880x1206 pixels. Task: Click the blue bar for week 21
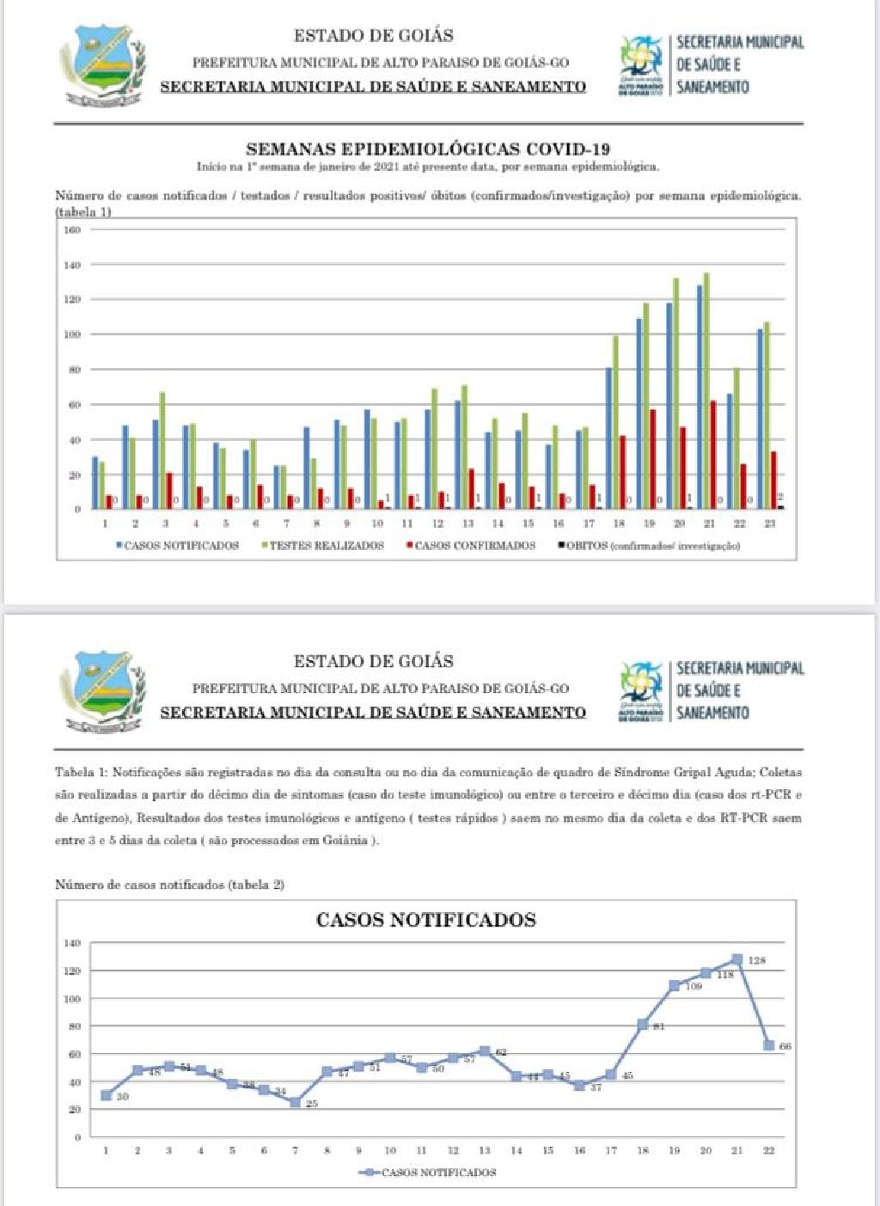700,396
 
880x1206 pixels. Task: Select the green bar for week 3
162,450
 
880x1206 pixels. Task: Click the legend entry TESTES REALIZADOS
325,546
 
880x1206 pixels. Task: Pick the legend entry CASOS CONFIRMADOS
473,546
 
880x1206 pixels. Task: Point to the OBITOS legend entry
650,546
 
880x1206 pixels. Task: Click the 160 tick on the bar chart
71,230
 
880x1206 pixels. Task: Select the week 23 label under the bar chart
769,523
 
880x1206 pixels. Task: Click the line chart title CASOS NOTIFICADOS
426,920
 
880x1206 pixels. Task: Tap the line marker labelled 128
736,959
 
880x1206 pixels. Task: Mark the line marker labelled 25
295,1102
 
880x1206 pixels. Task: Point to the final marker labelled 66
768,1045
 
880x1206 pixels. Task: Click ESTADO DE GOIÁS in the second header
373,661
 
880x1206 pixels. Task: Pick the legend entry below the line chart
427,1172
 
